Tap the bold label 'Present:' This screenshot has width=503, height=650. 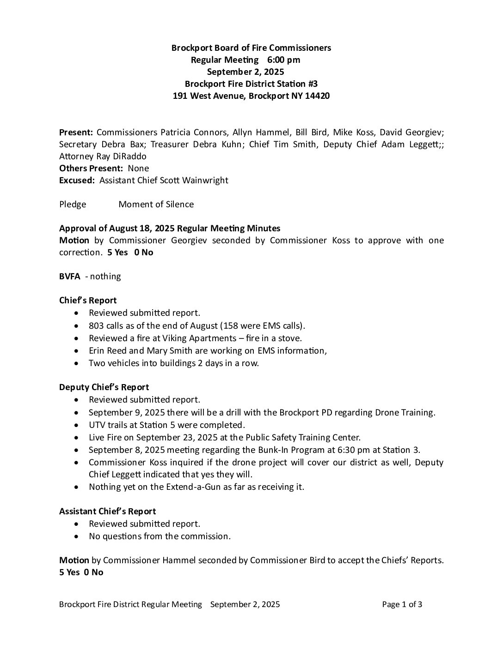coord(76,132)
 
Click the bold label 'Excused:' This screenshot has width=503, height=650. coord(77,181)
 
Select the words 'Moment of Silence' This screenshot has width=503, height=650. coord(156,205)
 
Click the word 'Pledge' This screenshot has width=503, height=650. coord(73,205)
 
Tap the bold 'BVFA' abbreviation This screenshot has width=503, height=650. coord(69,277)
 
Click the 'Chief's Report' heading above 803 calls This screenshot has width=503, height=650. coord(88,301)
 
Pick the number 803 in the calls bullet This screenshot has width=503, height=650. coord(96,325)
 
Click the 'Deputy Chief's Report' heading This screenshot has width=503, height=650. coord(104,387)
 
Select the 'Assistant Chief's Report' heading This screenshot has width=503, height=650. coord(107,512)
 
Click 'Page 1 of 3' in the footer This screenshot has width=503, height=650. coord(402,605)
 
